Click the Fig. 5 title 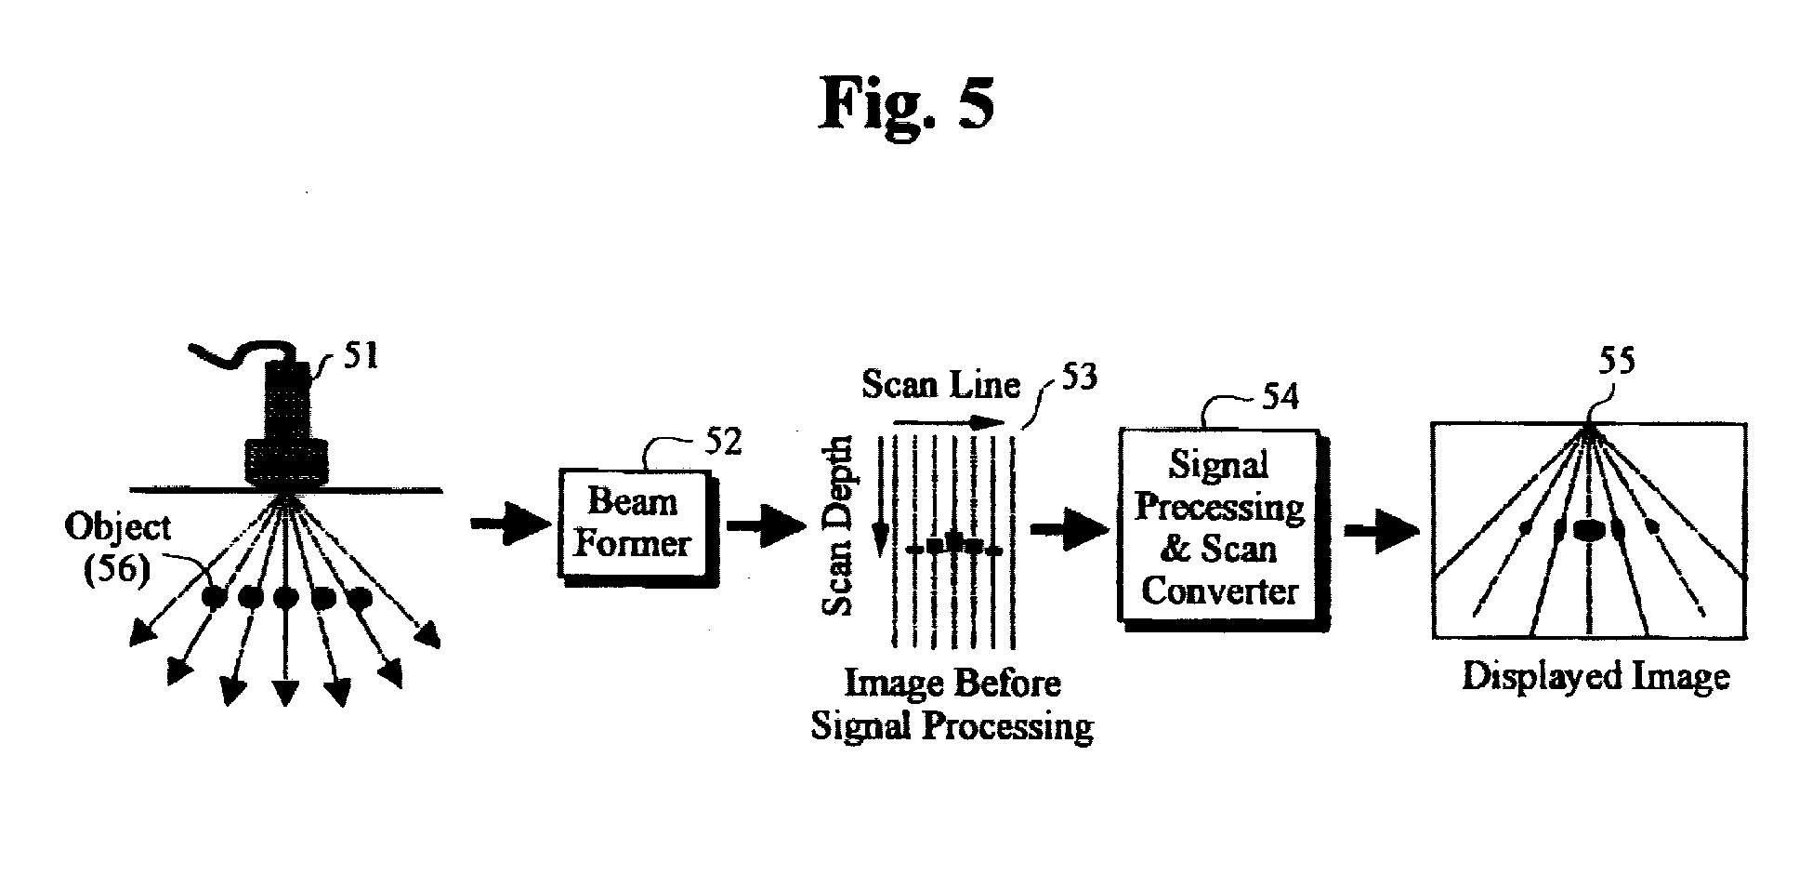pos(907,104)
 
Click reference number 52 pos(723,441)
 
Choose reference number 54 pos(1280,396)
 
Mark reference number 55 pos(1617,361)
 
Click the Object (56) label pos(118,548)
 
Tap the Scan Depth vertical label pos(838,525)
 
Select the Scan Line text pos(940,384)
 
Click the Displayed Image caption pos(1595,676)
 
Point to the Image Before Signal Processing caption pos(952,705)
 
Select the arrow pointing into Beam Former pos(511,525)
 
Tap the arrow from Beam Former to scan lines pos(768,525)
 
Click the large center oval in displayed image pos(1589,530)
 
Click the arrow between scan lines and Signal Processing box pos(1070,528)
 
